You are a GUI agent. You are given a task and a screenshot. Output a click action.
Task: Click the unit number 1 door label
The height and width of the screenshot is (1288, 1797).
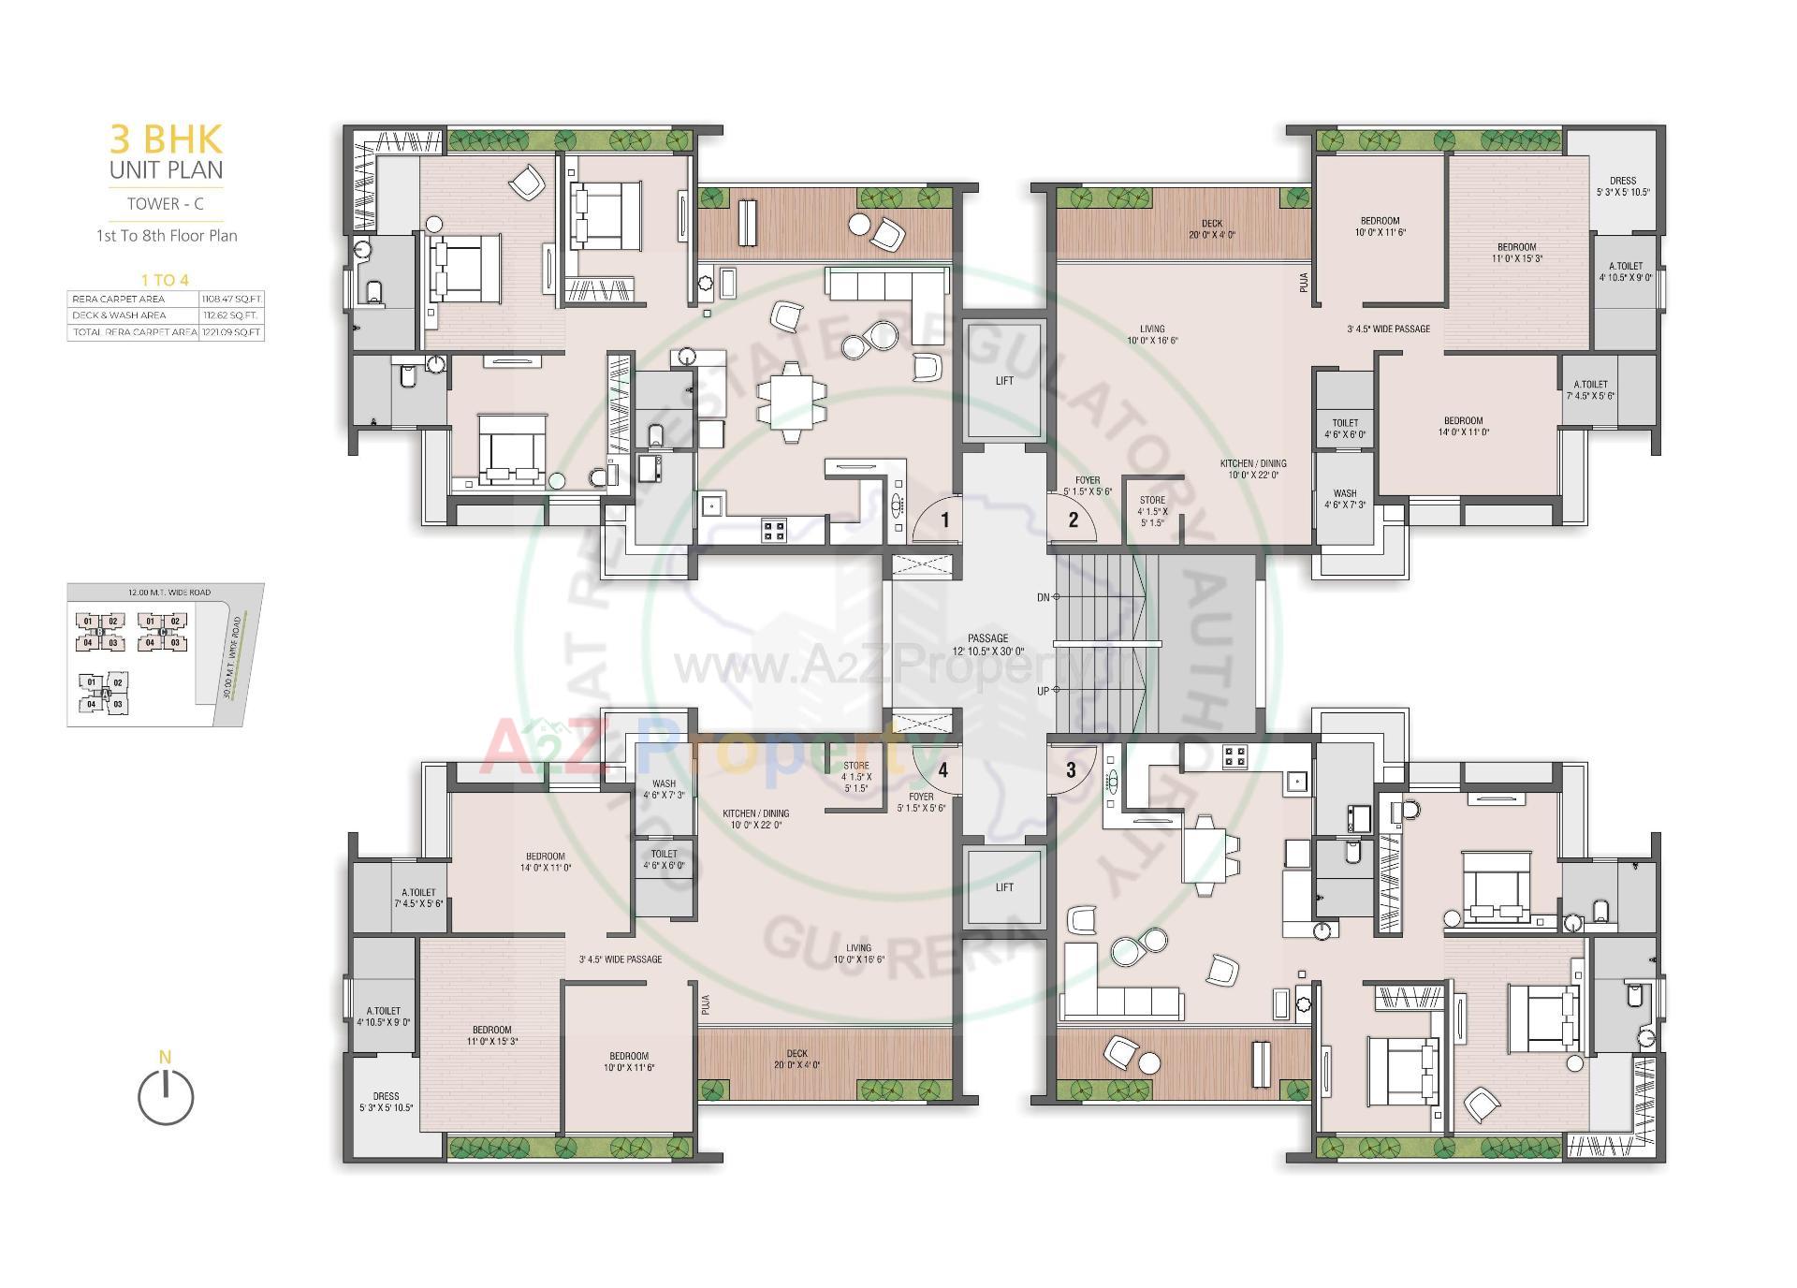click(945, 520)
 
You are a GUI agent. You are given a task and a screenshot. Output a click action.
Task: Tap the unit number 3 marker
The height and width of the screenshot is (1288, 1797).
click(1071, 770)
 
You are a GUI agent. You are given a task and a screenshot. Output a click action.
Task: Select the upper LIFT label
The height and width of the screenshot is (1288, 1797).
click(1004, 381)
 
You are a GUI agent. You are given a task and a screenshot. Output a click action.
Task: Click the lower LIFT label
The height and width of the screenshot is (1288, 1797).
click(1004, 887)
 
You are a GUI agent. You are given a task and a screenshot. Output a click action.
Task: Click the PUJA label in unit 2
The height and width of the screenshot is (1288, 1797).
click(1304, 283)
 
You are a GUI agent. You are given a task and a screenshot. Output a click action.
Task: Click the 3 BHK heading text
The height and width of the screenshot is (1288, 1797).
click(167, 139)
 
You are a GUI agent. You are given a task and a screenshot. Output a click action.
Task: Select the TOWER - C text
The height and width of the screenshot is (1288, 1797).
click(166, 203)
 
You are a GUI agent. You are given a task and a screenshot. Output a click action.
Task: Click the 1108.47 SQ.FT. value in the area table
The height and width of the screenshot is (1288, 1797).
click(231, 300)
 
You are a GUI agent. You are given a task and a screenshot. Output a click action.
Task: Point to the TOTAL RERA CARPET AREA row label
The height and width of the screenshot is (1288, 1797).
click(133, 332)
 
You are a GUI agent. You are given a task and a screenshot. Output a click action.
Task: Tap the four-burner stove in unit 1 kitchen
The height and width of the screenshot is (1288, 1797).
click(774, 531)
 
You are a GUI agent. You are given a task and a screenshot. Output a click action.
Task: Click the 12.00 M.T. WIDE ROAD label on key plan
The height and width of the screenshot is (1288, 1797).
click(169, 593)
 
